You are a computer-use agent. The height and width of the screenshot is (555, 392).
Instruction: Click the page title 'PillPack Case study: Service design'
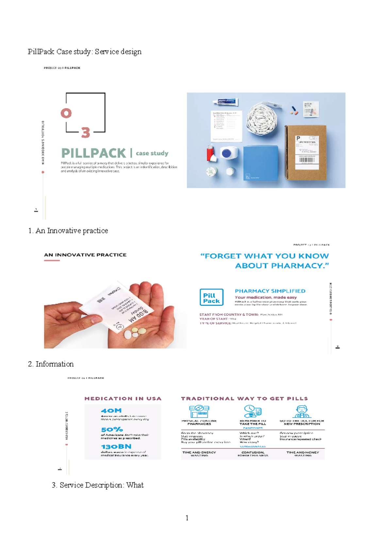pos(85,52)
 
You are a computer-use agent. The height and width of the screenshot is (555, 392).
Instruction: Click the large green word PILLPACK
pos(94,153)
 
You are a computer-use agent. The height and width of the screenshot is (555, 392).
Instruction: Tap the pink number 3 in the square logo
pos(86,132)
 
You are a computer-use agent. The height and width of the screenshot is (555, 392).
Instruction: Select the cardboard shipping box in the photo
pos(306,152)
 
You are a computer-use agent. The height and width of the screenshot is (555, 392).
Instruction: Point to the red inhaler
pos(211,154)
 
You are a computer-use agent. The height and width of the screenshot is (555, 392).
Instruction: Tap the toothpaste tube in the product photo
pos(225,103)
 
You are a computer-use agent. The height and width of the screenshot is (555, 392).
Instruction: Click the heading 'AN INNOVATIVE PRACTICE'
pos(85,255)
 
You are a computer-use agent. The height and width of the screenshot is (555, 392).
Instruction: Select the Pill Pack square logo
pos(211,297)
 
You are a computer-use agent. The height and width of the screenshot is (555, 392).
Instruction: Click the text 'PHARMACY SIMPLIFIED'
pos(270,291)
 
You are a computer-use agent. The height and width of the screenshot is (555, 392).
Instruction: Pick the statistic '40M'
pos(111,411)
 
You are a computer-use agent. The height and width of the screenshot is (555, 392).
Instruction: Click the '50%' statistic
pos(112,429)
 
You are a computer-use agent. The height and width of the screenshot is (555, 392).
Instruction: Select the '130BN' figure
pos(116,446)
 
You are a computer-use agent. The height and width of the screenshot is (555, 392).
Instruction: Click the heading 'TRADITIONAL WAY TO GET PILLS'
pos(244,399)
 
